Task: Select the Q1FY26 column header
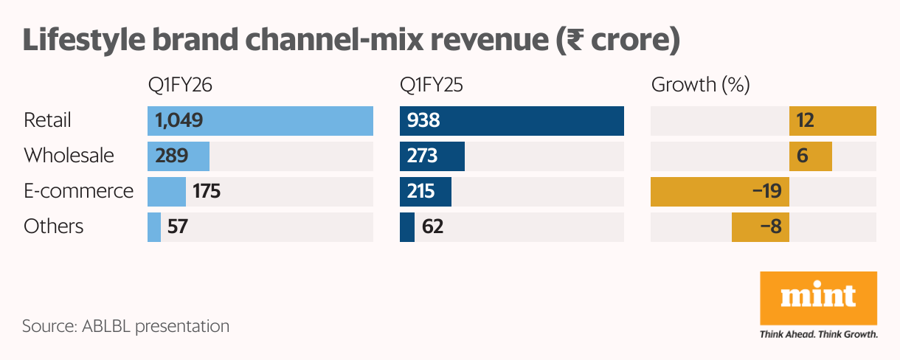pyautogui.click(x=180, y=85)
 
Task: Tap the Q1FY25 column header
pyautogui.click(x=432, y=85)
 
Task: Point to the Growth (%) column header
pyautogui.click(x=700, y=85)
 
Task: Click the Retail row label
pyautogui.click(x=47, y=120)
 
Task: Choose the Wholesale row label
pyautogui.click(x=69, y=156)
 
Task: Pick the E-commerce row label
pyautogui.click(x=78, y=191)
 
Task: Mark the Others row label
pyautogui.click(x=53, y=226)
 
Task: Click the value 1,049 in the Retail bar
pyautogui.click(x=179, y=120)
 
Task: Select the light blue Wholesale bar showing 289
pyautogui.click(x=179, y=156)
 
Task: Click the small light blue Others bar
pyautogui.click(x=154, y=226)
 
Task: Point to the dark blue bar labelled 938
pyautogui.click(x=511, y=120)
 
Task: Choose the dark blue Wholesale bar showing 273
pyautogui.click(x=432, y=156)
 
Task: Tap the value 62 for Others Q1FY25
pyautogui.click(x=432, y=227)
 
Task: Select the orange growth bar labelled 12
pyautogui.click(x=832, y=120)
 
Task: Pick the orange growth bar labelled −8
pyautogui.click(x=760, y=226)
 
